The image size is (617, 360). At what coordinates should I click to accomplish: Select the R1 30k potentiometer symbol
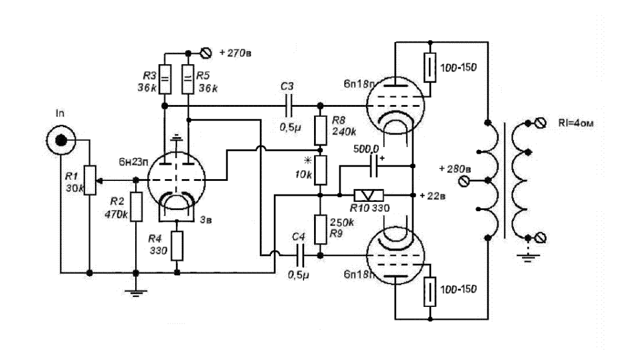click(90, 180)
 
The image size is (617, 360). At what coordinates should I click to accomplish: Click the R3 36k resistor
click(164, 79)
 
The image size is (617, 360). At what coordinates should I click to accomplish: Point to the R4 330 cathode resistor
click(177, 245)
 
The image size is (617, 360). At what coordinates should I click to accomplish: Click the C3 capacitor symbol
click(289, 106)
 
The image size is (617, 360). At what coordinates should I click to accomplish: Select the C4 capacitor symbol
click(300, 254)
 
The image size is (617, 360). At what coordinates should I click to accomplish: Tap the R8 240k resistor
click(320, 128)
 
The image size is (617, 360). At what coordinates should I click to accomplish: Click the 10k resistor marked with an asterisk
click(320, 169)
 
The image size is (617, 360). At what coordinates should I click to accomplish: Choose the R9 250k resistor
click(320, 229)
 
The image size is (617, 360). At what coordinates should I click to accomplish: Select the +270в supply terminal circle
click(207, 52)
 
